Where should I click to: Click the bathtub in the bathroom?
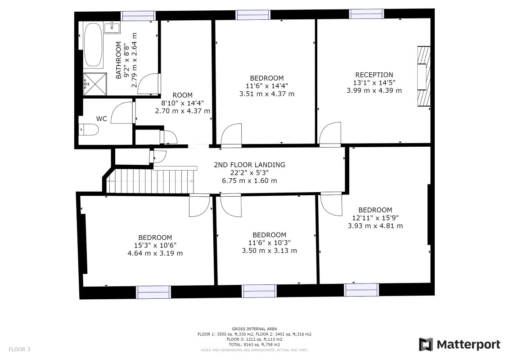(x=93, y=45)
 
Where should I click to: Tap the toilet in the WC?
(x=89, y=130)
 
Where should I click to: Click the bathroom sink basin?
(x=112, y=28)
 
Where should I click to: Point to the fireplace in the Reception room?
(x=423, y=76)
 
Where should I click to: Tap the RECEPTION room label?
(x=374, y=75)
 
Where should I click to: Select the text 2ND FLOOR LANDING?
(x=249, y=165)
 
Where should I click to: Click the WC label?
(x=102, y=119)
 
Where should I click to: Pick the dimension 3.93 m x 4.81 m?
(x=375, y=225)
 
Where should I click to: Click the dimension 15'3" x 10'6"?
(x=155, y=245)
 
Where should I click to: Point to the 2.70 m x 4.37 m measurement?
(x=182, y=111)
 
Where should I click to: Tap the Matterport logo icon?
(x=426, y=344)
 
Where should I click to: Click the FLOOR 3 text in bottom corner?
(x=19, y=349)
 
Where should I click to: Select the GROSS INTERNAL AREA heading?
(x=254, y=329)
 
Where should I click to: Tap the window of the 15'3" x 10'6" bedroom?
(x=153, y=292)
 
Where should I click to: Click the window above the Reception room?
(x=367, y=14)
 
